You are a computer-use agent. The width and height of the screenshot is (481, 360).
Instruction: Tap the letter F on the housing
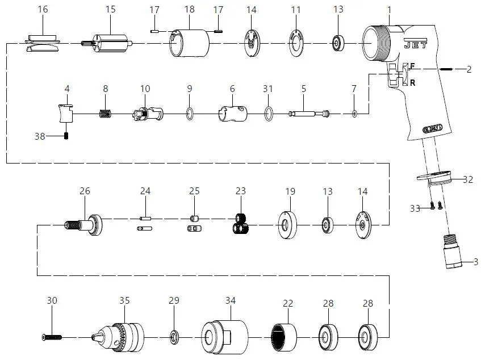pyautogui.click(x=412, y=66)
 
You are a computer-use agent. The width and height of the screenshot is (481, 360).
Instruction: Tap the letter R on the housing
pyautogui.click(x=412, y=82)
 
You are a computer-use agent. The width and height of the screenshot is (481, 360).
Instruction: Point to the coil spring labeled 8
pyautogui.click(x=104, y=114)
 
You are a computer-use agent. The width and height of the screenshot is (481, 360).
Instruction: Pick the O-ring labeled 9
pyautogui.click(x=189, y=114)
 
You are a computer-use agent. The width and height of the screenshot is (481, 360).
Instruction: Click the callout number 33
pyautogui.click(x=415, y=209)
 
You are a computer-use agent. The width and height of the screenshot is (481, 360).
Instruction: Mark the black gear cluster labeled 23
pyautogui.click(x=241, y=224)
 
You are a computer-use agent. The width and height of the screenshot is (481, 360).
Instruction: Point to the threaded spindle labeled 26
pyautogui.click(x=85, y=224)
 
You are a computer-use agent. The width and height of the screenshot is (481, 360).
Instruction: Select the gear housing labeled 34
pyautogui.click(x=226, y=336)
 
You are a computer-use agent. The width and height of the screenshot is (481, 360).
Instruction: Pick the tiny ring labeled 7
pyautogui.click(x=354, y=114)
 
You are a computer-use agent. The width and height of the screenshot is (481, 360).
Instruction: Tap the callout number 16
pyautogui.click(x=43, y=10)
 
